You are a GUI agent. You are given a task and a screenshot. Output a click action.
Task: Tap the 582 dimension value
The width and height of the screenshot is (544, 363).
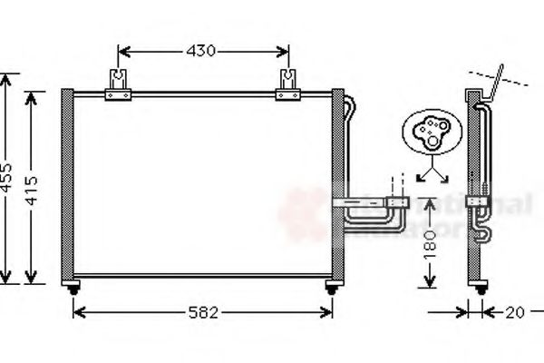pyautogui.click(x=203, y=313)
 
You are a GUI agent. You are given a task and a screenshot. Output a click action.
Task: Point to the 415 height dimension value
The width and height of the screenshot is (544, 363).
pyautogui.click(x=34, y=186)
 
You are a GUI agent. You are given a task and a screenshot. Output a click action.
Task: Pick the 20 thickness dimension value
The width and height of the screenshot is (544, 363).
pyautogui.click(x=514, y=313)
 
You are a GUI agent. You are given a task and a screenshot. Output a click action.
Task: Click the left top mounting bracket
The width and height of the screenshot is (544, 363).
pyautogui.click(x=119, y=87)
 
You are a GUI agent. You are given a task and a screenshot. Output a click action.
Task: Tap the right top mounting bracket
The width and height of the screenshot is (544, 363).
pyautogui.click(x=287, y=87)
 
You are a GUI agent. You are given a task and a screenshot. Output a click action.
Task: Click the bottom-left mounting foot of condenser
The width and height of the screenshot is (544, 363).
pyautogui.click(x=73, y=288)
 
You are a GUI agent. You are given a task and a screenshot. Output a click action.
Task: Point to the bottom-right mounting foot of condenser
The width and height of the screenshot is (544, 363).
pyautogui.click(x=332, y=288)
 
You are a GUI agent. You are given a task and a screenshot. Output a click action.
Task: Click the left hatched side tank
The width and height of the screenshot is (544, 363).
pyautogui.click(x=65, y=186)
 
